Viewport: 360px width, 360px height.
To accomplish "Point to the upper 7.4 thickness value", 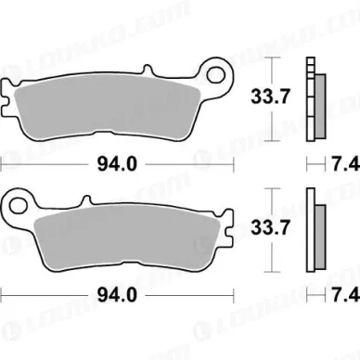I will point(342,164).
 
